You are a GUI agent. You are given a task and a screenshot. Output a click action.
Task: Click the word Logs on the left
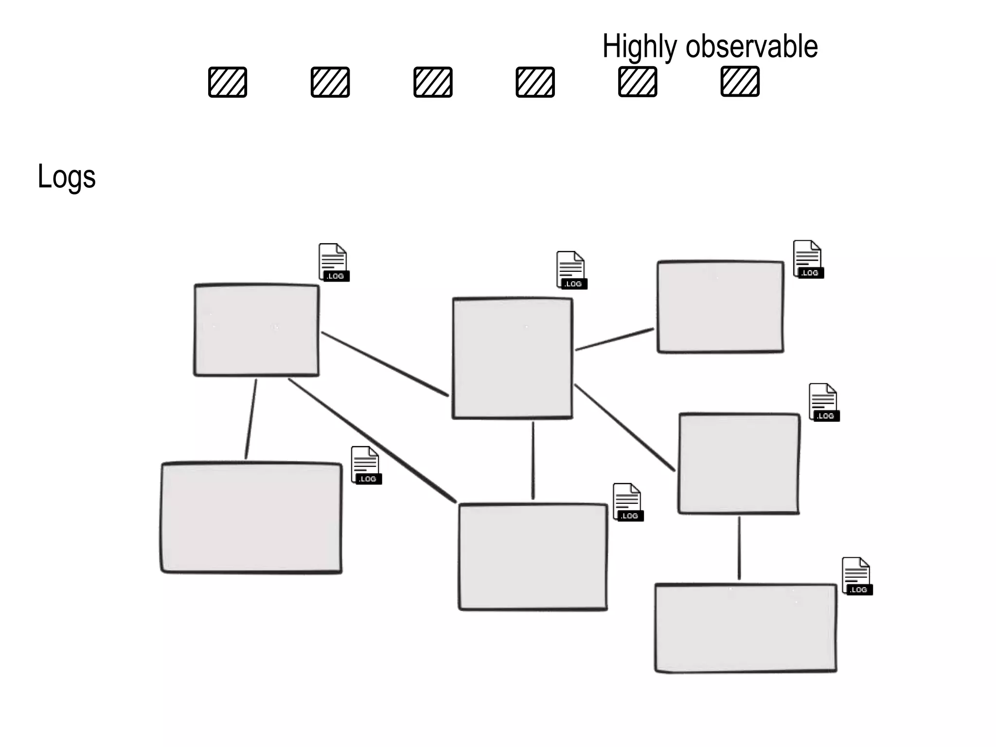(67, 177)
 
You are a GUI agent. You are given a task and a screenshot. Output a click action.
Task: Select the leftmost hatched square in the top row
(228, 82)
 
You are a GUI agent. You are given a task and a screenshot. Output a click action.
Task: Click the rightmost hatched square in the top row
(740, 81)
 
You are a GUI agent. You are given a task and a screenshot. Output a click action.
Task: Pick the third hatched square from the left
(433, 82)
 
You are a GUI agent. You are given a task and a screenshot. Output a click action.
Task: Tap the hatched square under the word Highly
(638, 82)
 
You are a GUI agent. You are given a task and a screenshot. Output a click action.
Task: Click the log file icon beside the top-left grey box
(334, 263)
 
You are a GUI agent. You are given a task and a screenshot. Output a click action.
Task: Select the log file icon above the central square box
(571, 270)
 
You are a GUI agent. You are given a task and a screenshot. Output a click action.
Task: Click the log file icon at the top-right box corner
(808, 259)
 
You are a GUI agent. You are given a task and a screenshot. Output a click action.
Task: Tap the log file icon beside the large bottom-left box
(366, 465)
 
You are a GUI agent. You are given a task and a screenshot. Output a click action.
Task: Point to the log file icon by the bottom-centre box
(628, 502)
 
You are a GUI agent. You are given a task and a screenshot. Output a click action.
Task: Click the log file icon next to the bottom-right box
(857, 576)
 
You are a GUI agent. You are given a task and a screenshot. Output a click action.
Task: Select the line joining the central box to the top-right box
(615, 339)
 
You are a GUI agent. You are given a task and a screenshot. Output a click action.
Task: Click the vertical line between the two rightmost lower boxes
(739, 548)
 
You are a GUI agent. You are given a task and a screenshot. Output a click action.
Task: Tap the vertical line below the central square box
(533, 460)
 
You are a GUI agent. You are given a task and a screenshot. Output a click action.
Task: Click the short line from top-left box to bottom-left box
(251, 419)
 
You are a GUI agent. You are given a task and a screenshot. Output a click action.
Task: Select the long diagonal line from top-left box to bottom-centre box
(372, 441)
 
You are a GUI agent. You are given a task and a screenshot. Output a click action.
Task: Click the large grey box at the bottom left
(251, 518)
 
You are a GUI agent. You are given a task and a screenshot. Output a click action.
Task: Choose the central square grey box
(513, 358)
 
